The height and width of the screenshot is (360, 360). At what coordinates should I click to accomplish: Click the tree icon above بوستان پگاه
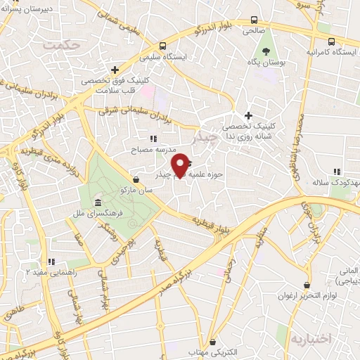pos(266,51)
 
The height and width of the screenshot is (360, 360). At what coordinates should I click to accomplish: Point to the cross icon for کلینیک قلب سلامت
pos(114,69)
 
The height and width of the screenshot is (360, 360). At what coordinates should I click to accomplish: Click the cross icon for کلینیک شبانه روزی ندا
pos(247,115)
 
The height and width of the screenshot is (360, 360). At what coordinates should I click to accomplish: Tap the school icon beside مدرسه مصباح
pos(153,139)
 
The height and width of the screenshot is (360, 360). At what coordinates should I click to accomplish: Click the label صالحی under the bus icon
pos(252,32)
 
